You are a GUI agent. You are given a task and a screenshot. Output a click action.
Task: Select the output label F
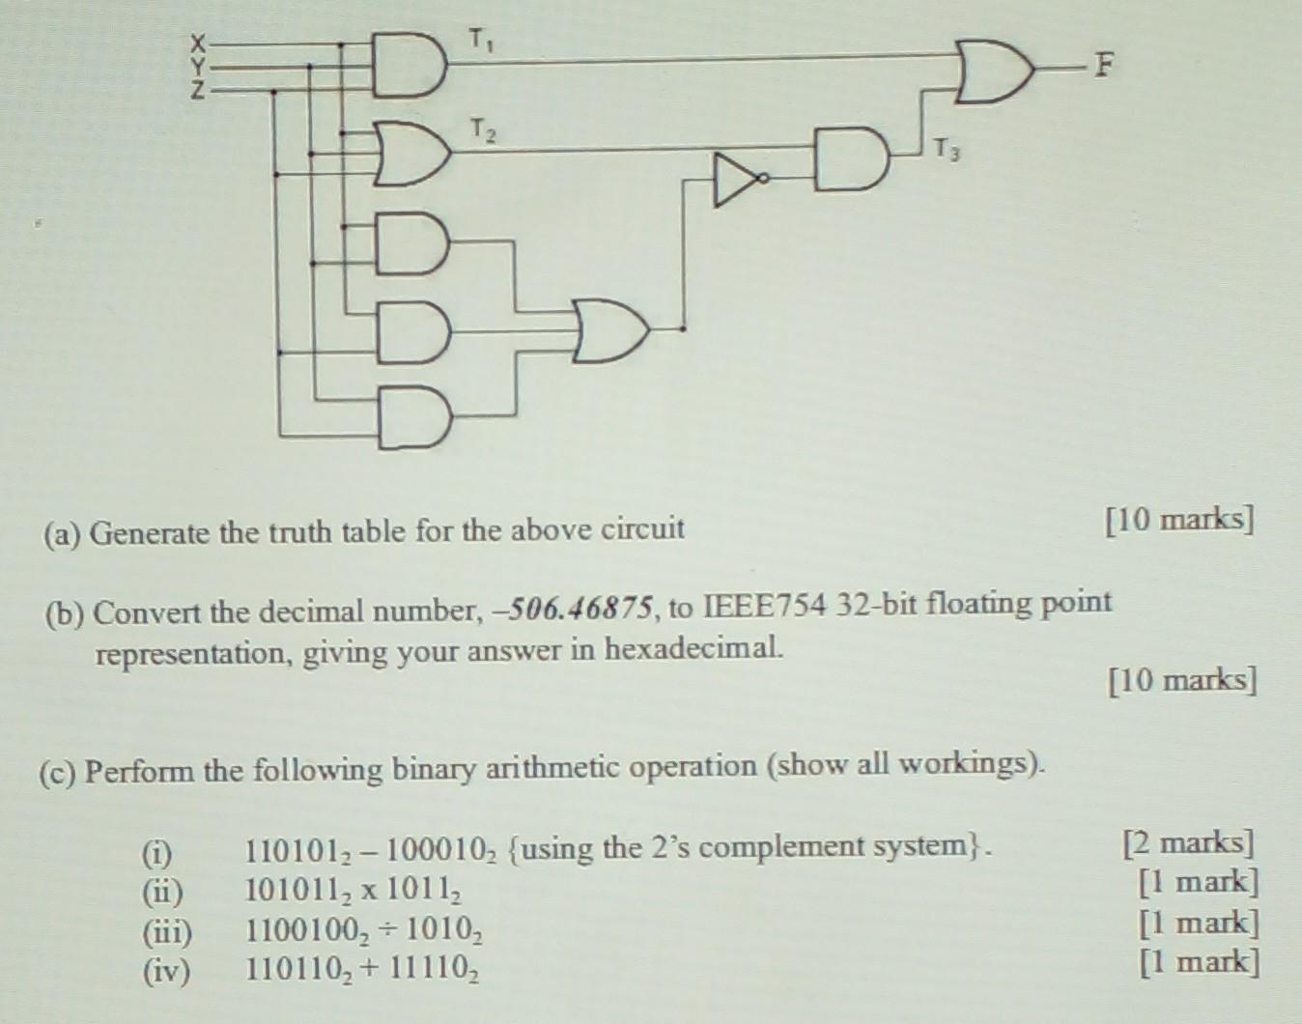(1101, 66)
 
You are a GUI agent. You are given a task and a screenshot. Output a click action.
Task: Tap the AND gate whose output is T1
(409, 66)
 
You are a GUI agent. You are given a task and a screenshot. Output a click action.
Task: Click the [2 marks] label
(1188, 842)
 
